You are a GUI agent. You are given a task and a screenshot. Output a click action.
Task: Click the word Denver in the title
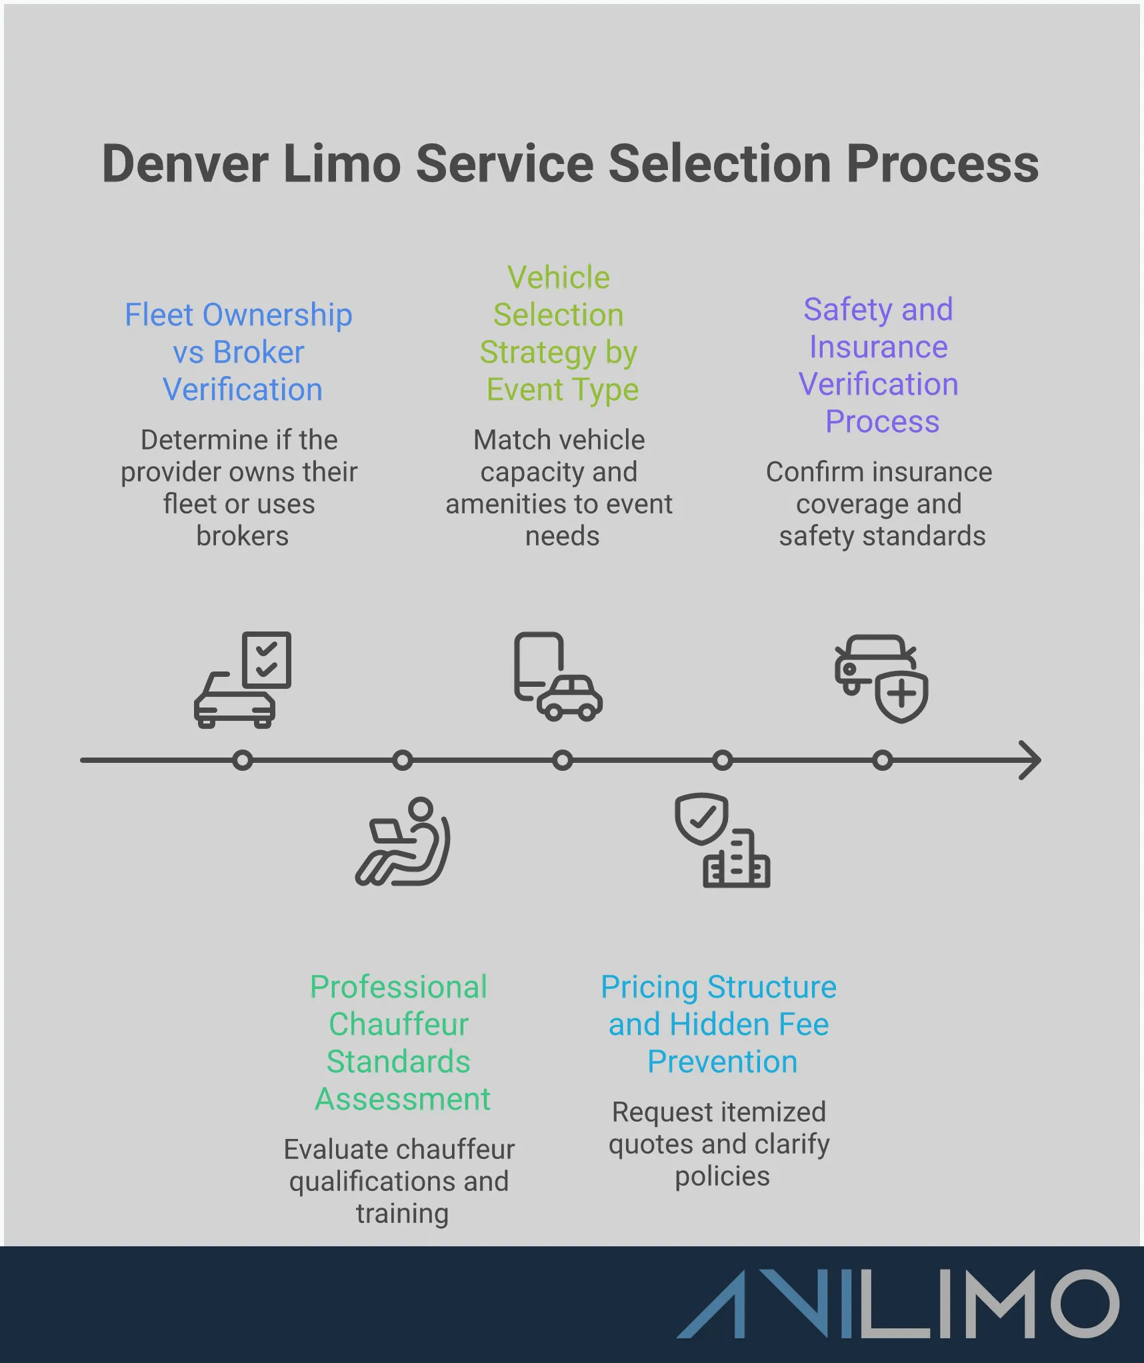[185, 164]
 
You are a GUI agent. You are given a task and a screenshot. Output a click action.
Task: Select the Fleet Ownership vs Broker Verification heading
[239, 352]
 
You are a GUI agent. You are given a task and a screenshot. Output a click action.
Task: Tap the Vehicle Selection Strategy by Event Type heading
[559, 333]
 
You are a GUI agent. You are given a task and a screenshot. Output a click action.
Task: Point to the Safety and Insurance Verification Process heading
[879, 365]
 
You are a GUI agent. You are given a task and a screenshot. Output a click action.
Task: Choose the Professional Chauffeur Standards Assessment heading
[400, 1043]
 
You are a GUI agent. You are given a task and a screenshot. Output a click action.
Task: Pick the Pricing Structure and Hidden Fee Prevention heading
[719, 1024]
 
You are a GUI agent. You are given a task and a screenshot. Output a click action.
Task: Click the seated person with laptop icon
[403, 842]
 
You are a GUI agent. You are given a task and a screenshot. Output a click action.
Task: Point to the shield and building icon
[722, 840]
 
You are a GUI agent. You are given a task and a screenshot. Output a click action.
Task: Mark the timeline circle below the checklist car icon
[243, 760]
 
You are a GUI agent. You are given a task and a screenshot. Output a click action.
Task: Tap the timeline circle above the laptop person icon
[403, 760]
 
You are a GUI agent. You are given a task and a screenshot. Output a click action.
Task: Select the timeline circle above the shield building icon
[723, 760]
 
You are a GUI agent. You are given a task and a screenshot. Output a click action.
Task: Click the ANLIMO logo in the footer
[897, 1304]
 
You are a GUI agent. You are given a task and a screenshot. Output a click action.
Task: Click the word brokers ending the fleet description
[242, 536]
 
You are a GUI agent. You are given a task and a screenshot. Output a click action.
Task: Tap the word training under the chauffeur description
[402, 1214]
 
